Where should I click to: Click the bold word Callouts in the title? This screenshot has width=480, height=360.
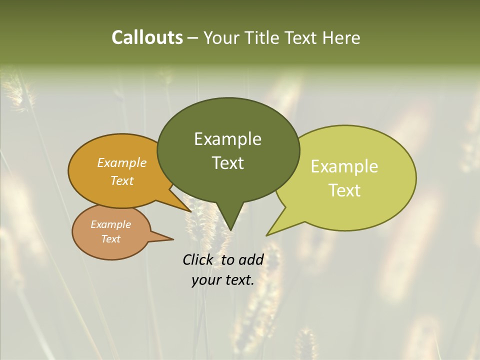(x=147, y=38)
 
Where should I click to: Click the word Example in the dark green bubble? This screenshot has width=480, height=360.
(x=227, y=139)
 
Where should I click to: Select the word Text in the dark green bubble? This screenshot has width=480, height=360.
(x=227, y=163)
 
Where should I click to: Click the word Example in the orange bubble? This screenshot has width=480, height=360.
(x=122, y=163)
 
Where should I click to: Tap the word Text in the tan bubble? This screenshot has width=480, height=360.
(x=111, y=239)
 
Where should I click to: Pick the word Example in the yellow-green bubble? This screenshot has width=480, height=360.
(x=344, y=166)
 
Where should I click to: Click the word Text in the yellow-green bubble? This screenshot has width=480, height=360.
(x=344, y=190)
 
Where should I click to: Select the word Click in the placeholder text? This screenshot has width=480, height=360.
(x=198, y=259)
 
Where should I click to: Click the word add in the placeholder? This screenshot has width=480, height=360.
(x=251, y=259)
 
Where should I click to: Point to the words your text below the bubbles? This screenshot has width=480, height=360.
(x=223, y=280)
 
